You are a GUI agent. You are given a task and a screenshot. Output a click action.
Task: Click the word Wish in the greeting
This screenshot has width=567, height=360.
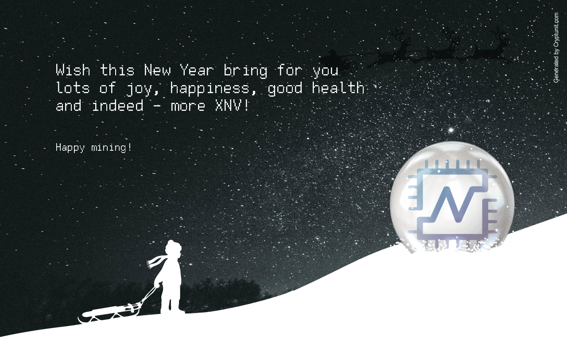(x=73, y=70)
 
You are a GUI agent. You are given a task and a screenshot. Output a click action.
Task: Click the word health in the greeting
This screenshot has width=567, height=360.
(x=338, y=88)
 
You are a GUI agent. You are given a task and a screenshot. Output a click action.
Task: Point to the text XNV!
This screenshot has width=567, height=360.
(x=232, y=106)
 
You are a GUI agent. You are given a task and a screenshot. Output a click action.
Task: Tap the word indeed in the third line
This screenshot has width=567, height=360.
(x=118, y=106)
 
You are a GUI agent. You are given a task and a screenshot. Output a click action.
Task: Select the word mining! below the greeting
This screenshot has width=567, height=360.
(x=112, y=148)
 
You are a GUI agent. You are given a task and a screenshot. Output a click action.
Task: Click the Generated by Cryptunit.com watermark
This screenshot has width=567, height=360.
(x=556, y=47)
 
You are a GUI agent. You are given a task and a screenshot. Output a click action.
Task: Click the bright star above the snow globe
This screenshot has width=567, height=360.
(x=451, y=130)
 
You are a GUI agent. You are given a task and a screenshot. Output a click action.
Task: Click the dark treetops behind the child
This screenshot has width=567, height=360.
(x=223, y=291)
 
